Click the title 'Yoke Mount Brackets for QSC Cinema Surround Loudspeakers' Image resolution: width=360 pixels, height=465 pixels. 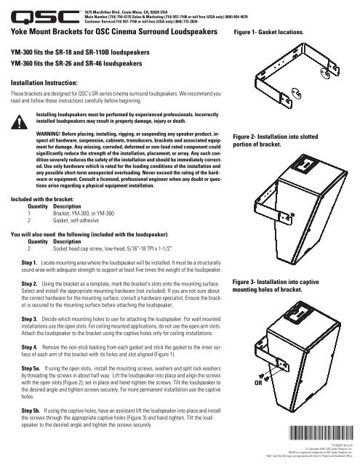tap(108, 33)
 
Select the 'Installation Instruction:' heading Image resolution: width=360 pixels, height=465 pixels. tap(42, 84)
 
